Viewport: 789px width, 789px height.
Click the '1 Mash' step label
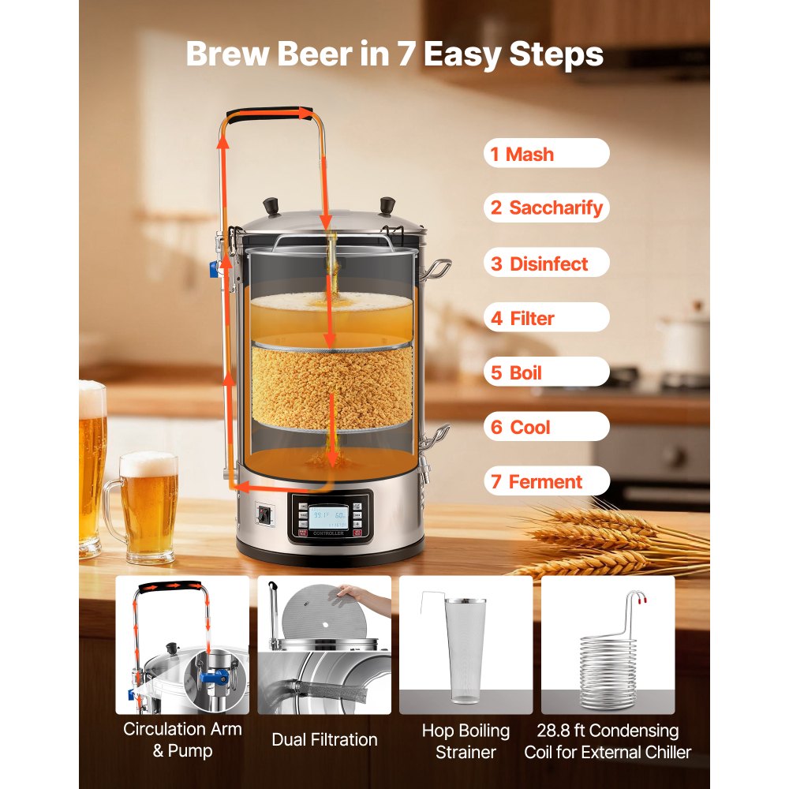click(546, 154)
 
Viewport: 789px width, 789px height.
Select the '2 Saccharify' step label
click(546, 208)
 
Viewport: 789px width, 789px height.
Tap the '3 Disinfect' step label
click(546, 264)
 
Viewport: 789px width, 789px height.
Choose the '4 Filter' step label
click(546, 318)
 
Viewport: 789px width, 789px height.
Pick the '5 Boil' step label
click(546, 372)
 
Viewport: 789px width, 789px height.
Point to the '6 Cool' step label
click(546, 427)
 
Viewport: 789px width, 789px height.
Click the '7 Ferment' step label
click(546, 481)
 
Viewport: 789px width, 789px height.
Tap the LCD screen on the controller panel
click(330, 518)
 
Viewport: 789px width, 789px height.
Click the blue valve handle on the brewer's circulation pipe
click(213, 270)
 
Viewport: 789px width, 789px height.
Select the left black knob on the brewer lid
click(271, 207)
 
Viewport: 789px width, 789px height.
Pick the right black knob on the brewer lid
click(387, 207)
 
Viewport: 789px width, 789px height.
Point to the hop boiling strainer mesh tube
click(466, 649)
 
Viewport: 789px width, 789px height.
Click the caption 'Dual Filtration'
click(324, 739)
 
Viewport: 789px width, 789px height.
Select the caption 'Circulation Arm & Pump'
click(182, 739)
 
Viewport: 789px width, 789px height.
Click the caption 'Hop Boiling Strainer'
click(466, 741)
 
